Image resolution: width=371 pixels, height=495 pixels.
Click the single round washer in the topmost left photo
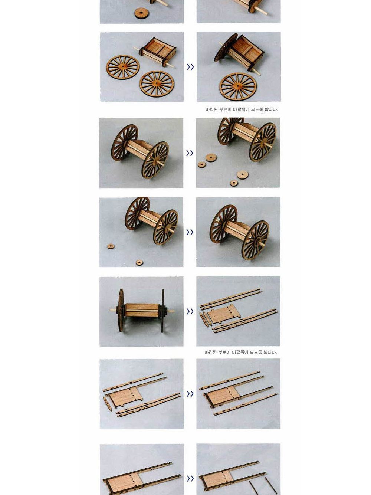click(142, 13)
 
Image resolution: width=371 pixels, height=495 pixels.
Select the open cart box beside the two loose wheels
click(157, 52)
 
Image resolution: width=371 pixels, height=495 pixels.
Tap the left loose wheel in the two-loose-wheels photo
click(123, 67)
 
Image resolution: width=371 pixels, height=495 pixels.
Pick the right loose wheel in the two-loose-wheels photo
click(157, 83)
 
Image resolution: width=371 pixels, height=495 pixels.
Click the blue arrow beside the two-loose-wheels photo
click(190, 67)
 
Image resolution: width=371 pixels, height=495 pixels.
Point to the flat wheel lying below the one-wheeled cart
click(238, 86)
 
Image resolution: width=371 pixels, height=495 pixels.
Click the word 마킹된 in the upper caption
click(211, 109)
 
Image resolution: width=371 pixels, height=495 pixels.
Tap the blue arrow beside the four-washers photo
click(190, 153)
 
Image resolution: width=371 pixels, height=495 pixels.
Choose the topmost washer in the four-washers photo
click(211, 158)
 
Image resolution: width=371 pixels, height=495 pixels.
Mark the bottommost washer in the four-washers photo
click(234, 183)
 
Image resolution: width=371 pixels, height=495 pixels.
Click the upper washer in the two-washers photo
click(111, 246)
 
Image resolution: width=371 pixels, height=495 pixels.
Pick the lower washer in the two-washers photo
click(139, 262)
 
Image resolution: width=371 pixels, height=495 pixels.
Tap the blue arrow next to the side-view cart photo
click(190, 311)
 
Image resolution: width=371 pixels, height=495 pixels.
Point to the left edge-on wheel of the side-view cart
click(121, 311)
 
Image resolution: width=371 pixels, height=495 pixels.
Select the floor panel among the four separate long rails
click(224, 314)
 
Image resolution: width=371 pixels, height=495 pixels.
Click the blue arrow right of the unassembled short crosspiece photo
click(190, 394)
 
